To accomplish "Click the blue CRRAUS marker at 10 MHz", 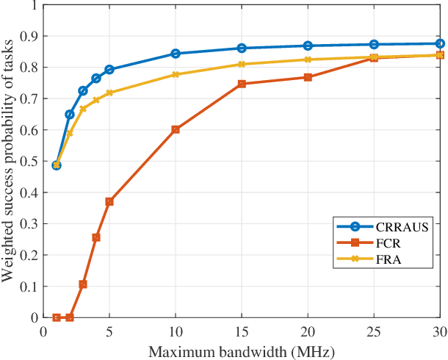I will coord(176,54).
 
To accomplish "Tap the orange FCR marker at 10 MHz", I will coord(176,129).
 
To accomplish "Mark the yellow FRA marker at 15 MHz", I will coord(242,65).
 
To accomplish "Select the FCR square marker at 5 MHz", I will coord(109,201).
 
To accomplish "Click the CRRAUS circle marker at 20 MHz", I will coord(308,46).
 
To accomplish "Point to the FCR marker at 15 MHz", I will coord(242,84).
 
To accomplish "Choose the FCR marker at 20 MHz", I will coord(308,77).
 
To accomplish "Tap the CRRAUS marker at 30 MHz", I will coord(440,43).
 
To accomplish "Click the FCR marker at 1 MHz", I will coord(57,317).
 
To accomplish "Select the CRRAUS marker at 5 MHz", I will coord(109,70).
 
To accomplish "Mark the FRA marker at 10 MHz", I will coord(176,75).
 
